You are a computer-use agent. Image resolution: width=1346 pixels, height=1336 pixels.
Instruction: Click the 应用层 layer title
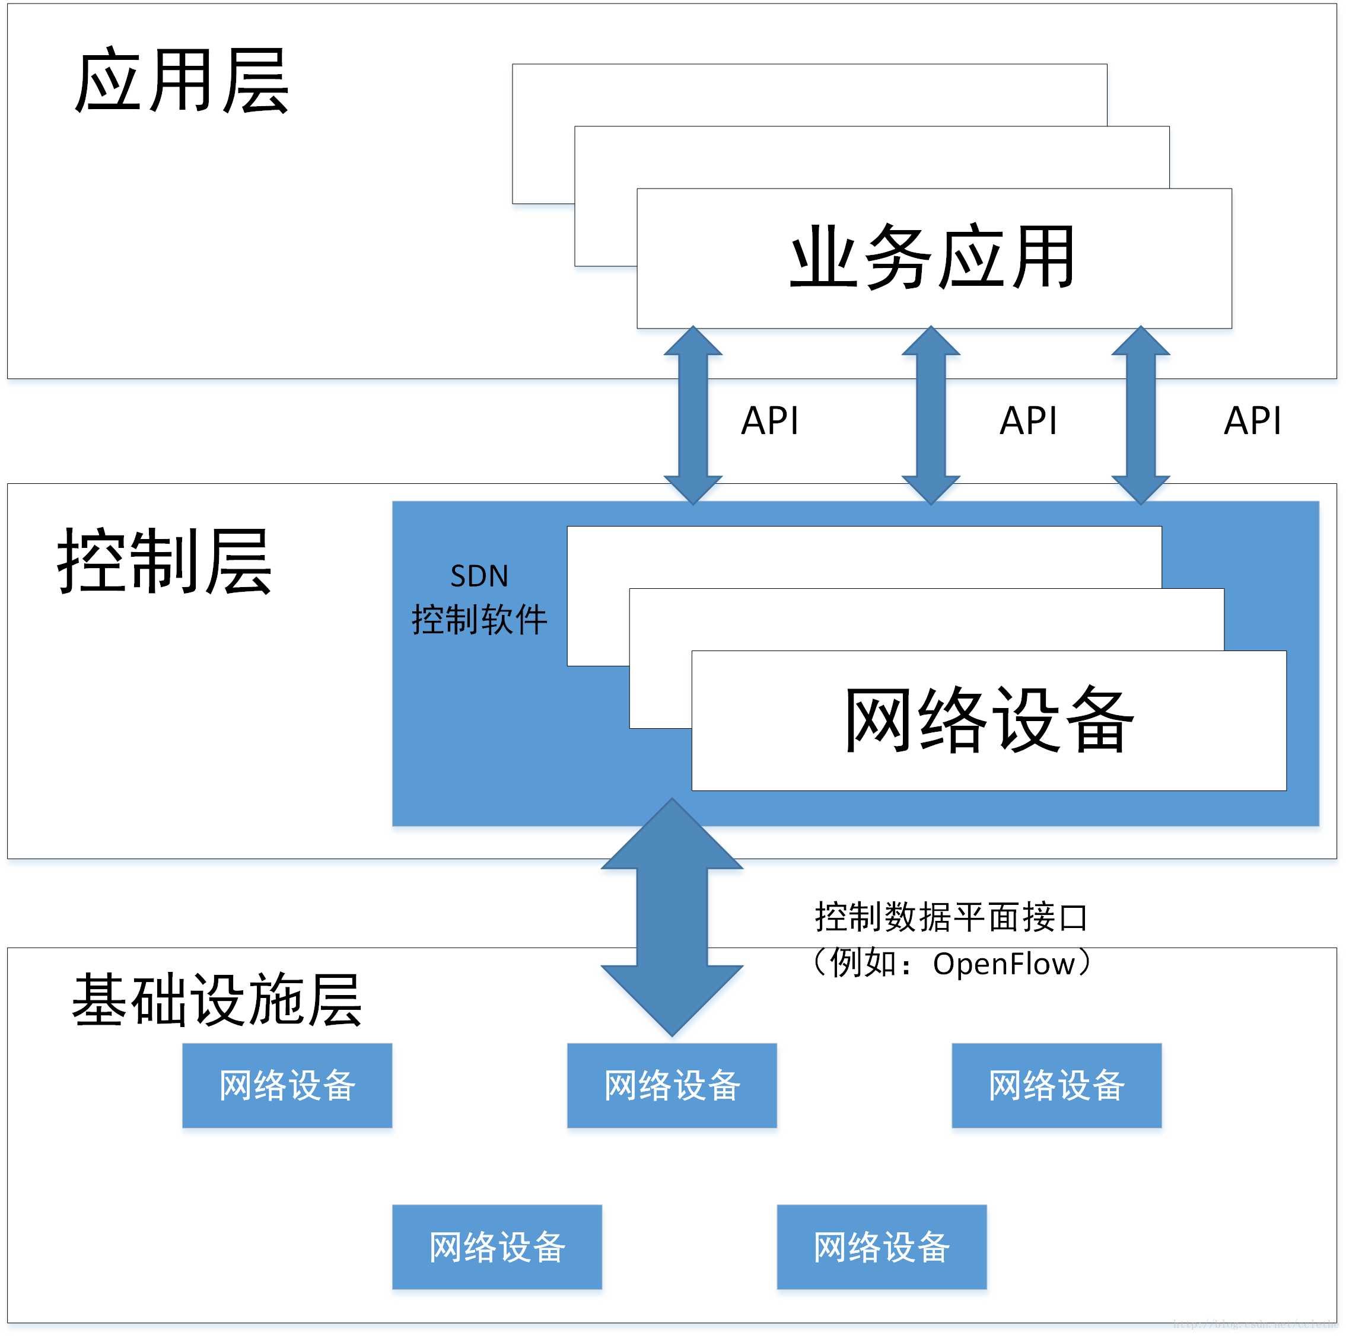pyautogui.click(x=181, y=81)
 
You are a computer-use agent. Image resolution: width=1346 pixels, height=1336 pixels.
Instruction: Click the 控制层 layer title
pyautogui.click(x=164, y=562)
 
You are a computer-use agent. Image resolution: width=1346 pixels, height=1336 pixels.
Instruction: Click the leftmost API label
pyautogui.click(x=769, y=420)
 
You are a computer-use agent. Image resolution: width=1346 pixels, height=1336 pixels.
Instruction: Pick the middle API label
pyautogui.click(x=1027, y=420)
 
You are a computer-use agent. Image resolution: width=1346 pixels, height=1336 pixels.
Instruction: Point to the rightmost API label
pyautogui.click(x=1252, y=420)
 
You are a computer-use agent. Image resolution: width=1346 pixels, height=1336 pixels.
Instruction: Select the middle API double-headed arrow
pyautogui.click(x=931, y=415)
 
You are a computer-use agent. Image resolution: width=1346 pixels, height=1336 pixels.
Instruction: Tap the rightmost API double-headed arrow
pyautogui.click(x=1141, y=415)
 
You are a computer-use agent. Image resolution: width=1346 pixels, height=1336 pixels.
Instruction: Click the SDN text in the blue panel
pyautogui.click(x=479, y=576)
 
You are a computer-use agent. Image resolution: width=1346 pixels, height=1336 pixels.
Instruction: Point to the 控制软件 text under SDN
pyautogui.click(x=479, y=619)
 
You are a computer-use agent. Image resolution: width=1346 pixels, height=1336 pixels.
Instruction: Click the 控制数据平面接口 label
pyautogui.click(x=951, y=917)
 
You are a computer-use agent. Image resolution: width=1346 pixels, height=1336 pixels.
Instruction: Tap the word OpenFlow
pyautogui.click(x=1003, y=964)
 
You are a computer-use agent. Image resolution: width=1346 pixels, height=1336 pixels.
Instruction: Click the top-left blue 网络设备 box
pyautogui.click(x=287, y=1085)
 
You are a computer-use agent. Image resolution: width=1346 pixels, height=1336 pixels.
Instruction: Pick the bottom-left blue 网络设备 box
pyautogui.click(x=497, y=1247)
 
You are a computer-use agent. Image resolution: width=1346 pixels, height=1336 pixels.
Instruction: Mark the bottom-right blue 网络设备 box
pyautogui.click(x=882, y=1247)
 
